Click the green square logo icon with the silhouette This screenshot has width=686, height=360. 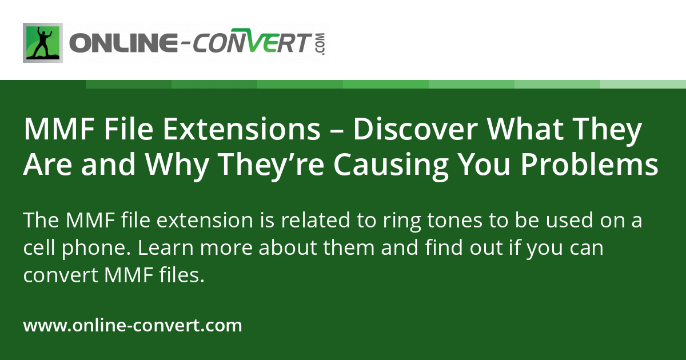tap(43, 43)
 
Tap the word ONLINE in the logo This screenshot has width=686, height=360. tap(123, 43)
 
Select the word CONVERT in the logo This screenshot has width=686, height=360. tap(250, 41)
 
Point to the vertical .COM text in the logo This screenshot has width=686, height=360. tap(321, 44)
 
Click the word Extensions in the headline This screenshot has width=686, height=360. tap(242, 129)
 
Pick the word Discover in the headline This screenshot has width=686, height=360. tap(415, 129)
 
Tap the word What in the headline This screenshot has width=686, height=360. tap(525, 129)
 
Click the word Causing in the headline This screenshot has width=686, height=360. tap(391, 166)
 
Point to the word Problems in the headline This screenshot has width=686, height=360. tap(589, 165)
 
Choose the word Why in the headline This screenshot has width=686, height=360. tap(177, 166)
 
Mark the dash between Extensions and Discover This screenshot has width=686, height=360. tap(337, 132)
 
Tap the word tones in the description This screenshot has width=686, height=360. tap(455, 221)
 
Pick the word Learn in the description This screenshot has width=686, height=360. tap(166, 247)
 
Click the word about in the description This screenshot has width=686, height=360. tap(288, 247)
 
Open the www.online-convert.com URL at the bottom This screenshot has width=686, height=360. tap(133, 325)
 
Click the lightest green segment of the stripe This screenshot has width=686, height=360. tap(643, 84)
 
